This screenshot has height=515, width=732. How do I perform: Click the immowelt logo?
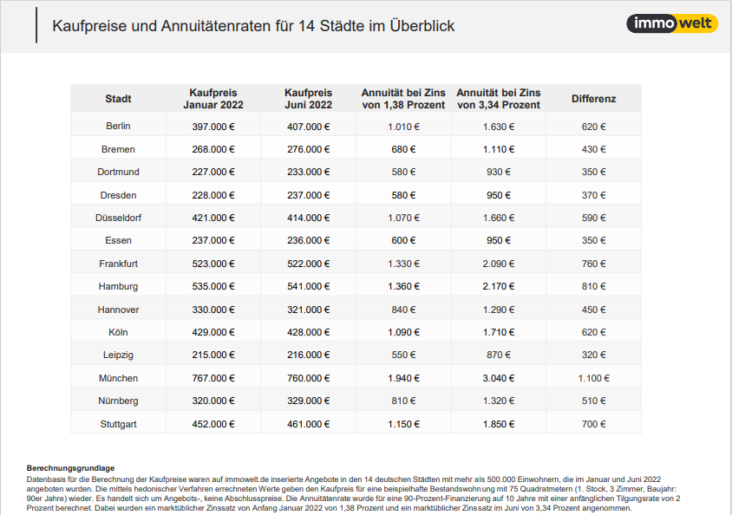pos(672,23)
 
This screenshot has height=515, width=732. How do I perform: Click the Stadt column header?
pos(118,99)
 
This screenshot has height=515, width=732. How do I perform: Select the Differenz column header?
pos(593,99)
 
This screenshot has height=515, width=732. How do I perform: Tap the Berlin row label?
pos(118,126)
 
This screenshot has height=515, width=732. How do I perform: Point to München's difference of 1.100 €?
pos(593,378)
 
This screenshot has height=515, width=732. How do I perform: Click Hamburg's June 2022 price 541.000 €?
pos(308,286)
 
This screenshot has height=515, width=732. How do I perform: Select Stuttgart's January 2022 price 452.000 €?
pos(213,424)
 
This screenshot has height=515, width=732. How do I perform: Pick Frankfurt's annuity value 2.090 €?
pos(499,264)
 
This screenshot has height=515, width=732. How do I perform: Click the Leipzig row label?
pos(118,355)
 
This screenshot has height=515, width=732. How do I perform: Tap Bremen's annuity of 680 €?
pos(403,149)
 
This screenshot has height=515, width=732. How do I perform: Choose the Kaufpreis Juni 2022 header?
pos(308,99)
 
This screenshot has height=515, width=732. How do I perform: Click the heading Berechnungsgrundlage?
pos(70,468)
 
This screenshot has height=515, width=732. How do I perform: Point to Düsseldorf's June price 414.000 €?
pos(308,218)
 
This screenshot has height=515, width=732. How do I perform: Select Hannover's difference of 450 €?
pos(593,310)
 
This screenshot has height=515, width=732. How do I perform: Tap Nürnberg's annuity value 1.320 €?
pos(499,401)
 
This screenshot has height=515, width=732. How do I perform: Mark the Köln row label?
pos(118,332)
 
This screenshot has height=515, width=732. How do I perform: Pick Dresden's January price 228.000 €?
pos(213,195)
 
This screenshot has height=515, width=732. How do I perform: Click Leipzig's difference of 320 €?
pos(593,355)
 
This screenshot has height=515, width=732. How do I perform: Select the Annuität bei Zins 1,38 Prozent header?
pos(403,99)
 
